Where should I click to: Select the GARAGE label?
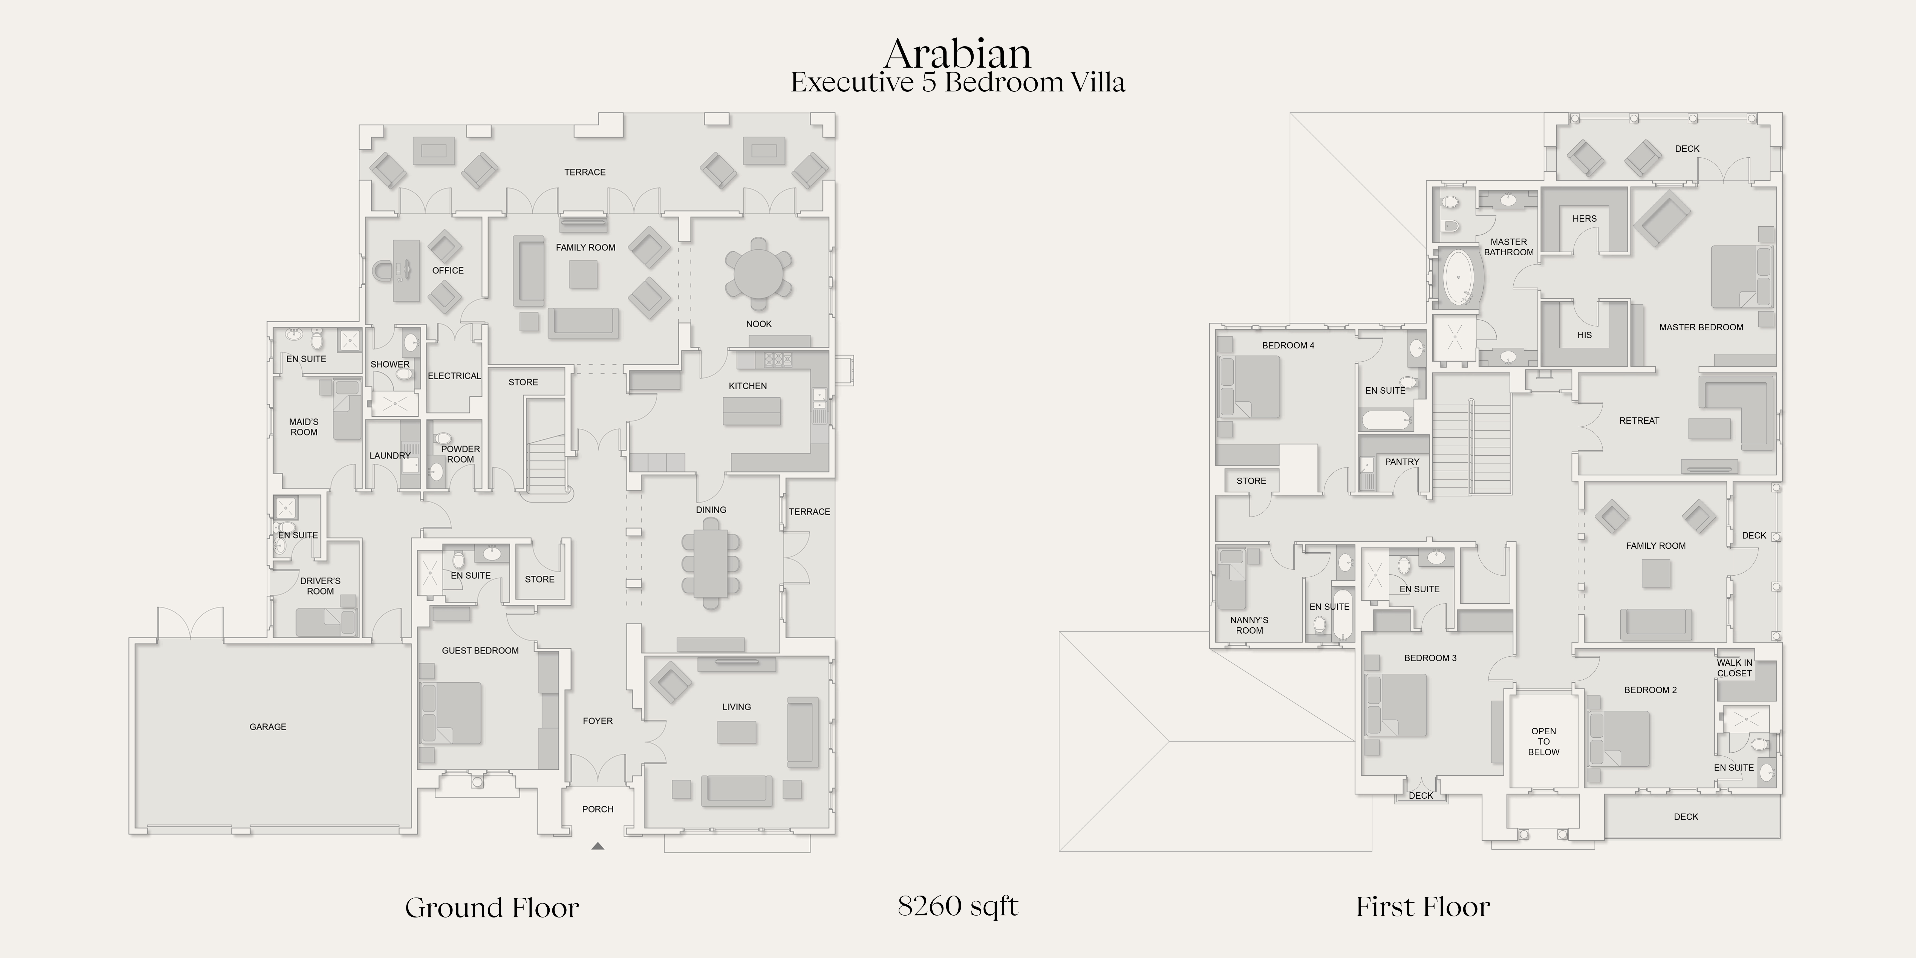(x=268, y=727)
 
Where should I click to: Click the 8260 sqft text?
(x=958, y=906)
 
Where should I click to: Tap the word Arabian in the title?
(x=958, y=54)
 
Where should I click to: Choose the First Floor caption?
(x=1423, y=907)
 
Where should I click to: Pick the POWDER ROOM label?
(x=460, y=454)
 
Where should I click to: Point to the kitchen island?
(x=752, y=411)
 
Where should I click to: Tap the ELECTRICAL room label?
(x=454, y=376)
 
